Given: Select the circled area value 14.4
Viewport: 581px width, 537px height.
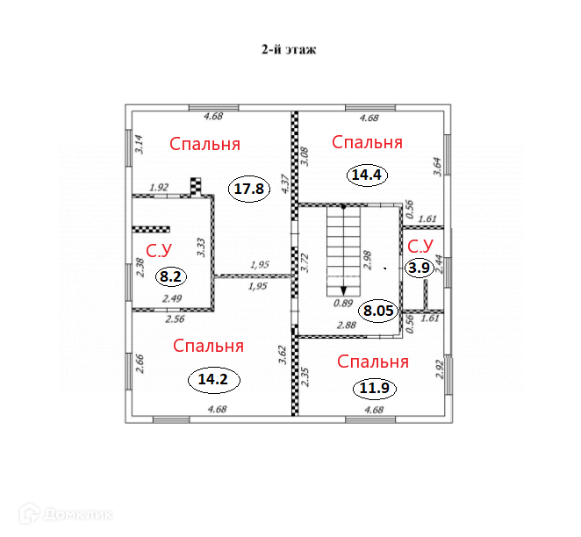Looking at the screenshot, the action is coord(368,175).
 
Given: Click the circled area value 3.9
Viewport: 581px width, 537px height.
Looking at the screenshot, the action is coord(420,268).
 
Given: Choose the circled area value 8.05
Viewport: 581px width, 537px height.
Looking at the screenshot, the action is coord(379,310).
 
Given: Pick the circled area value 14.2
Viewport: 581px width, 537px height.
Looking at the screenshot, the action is coord(213,380).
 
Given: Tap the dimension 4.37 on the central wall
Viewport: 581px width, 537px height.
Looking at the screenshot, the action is coord(283,183).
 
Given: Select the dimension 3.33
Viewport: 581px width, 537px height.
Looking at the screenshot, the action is coord(202,247).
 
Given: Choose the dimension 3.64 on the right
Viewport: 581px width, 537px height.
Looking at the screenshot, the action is coord(436,167).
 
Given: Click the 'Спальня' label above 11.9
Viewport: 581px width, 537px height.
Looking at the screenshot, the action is coord(373,362).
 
